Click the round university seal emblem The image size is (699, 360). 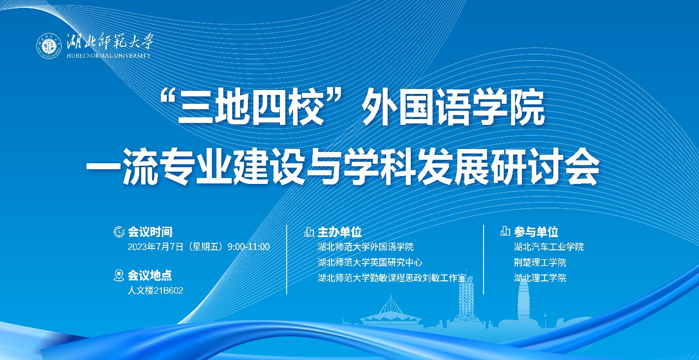(x=49, y=46)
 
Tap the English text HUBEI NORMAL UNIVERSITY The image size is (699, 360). (x=109, y=56)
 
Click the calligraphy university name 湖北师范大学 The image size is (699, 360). (x=110, y=41)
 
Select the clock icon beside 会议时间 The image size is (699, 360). (x=119, y=232)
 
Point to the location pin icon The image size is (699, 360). (x=119, y=275)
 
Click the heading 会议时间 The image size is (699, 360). (x=150, y=232)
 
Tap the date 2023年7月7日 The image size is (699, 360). (x=155, y=247)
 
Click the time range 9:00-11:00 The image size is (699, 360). (x=249, y=247)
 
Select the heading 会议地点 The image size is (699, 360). (x=150, y=275)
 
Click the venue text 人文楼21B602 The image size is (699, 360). (x=155, y=291)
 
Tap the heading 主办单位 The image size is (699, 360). (x=339, y=232)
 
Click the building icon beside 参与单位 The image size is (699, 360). (x=505, y=231)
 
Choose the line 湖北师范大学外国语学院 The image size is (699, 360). (x=365, y=247)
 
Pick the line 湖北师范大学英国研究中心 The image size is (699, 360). (x=370, y=262)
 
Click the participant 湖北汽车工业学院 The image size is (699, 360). (x=548, y=247)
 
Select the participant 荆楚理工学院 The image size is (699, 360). (x=540, y=262)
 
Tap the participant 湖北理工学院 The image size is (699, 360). (x=540, y=278)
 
